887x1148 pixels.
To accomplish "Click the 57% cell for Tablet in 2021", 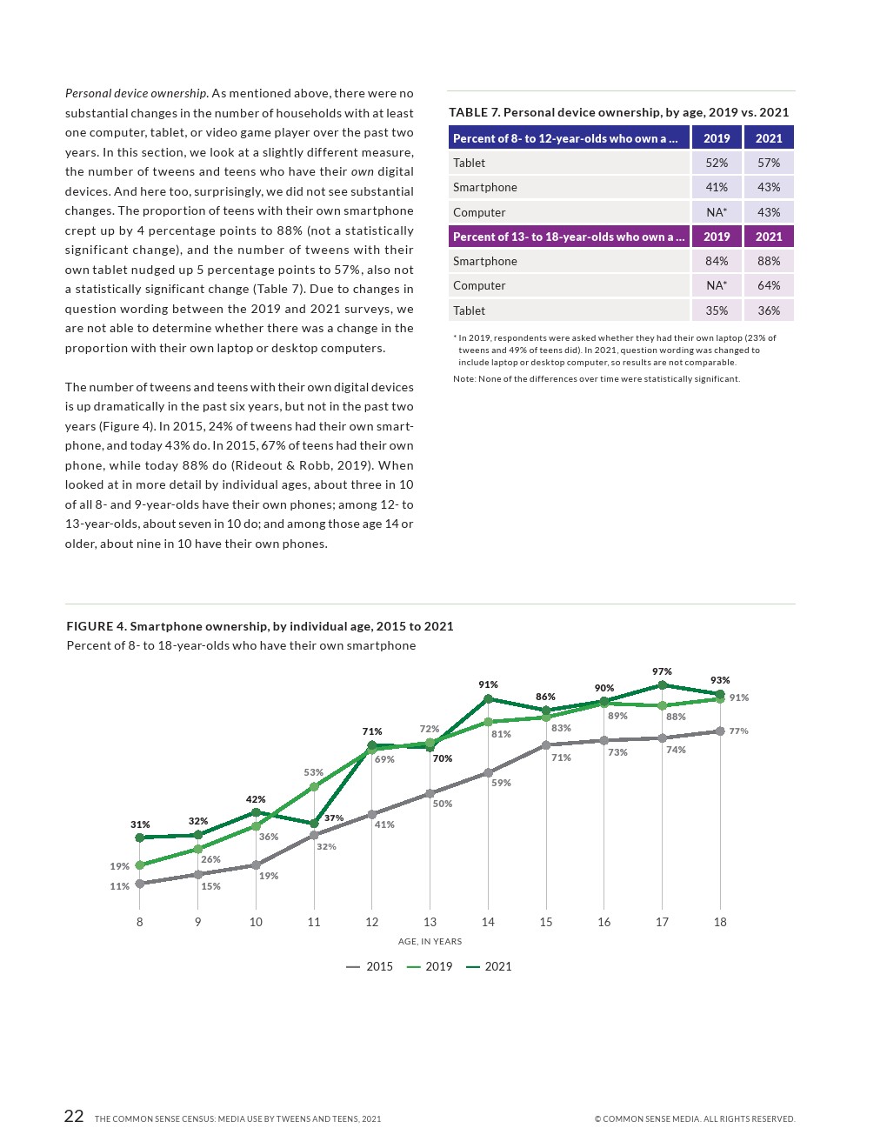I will [769, 163].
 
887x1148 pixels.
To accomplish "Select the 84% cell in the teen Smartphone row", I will [717, 261].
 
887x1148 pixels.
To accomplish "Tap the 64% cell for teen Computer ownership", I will [769, 285].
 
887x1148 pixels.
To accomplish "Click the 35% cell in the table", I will [717, 310].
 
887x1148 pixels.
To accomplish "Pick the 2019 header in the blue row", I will [717, 138].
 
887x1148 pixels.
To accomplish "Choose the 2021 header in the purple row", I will [769, 237].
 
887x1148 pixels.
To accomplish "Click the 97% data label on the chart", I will [662, 671].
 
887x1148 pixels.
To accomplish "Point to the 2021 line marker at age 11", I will [314, 824].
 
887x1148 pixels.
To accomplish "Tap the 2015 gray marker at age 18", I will [720, 731].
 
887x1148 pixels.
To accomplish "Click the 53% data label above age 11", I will [313, 772].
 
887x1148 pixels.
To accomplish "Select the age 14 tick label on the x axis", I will [488, 922].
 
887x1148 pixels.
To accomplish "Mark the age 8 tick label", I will [139, 922].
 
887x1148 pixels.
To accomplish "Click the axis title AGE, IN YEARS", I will [430, 941].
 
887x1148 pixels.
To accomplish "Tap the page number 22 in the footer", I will [74, 1117].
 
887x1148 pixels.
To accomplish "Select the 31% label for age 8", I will [140, 824].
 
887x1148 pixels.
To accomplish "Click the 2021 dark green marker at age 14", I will [488, 698].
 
